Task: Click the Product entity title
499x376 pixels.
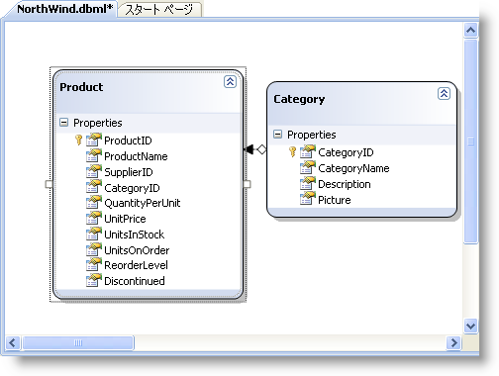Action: [x=81, y=87]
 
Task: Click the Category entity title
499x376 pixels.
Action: [x=298, y=99]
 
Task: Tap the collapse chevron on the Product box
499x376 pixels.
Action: [x=230, y=82]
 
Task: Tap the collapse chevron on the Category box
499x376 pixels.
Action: [x=444, y=93]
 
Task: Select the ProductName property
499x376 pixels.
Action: [x=136, y=156]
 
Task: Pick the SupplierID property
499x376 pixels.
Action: [x=128, y=172]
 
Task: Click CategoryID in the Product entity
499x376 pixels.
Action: [x=132, y=188]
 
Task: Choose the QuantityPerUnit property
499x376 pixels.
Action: [x=142, y=203]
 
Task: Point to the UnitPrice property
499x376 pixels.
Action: [x=126, y=219]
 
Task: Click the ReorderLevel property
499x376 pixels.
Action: [x=136, y=265]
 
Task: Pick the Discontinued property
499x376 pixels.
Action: [x=135, y=281]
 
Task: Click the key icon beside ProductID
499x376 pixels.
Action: [x=79, y=141]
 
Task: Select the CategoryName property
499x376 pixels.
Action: [x=352, y=168]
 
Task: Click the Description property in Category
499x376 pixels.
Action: [x=344, y=184]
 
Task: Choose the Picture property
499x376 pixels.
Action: [x=334, y=200]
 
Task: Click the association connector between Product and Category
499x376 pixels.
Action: [x=255, y=149]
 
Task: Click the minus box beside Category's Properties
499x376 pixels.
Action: [x=277, y=135]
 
